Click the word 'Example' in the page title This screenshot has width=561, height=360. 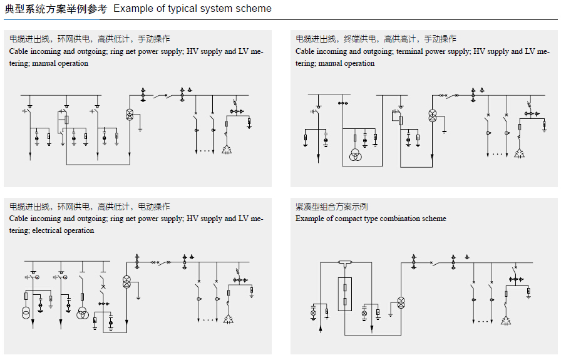(131, 9)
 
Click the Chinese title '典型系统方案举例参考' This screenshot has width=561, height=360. (56, 9)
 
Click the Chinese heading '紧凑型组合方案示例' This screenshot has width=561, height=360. (332, 207)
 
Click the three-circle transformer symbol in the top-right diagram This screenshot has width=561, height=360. (355, 155)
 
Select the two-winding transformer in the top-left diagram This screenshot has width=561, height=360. (130, 113)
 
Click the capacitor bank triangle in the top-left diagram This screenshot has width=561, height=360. (227, 150)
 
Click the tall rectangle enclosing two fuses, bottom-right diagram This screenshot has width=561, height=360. (344, 294)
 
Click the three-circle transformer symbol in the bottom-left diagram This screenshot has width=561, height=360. (82, 312)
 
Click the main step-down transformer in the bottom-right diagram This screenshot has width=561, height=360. (401, 302)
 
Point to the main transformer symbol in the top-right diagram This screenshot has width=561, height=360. (431, 115)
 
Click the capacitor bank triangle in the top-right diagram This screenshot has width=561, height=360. (519, 153)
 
